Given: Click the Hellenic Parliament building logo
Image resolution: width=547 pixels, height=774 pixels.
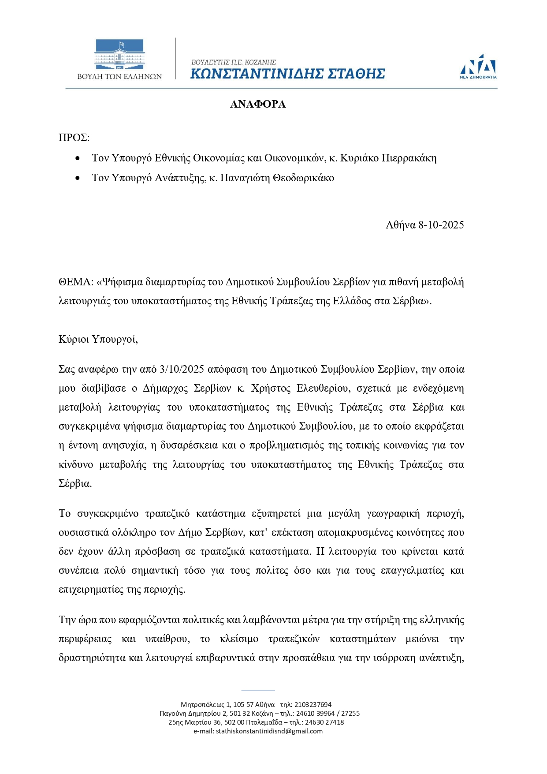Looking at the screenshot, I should (119, 54).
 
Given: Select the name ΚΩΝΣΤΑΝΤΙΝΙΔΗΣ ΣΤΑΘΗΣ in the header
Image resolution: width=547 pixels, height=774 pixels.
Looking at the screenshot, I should (287, 74).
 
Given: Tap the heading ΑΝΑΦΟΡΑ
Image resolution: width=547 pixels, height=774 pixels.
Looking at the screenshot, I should (258, 105).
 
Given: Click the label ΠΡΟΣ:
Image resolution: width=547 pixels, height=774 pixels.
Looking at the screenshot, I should (74, 138).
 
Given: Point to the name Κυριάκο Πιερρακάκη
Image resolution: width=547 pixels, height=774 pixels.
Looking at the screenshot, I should (388, 158).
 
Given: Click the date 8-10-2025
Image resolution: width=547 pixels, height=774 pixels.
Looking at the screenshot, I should (441, 225).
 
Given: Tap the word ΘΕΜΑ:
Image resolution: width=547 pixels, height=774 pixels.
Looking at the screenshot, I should (76, 282).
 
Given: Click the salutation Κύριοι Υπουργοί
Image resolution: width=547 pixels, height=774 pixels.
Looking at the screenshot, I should (98, 339).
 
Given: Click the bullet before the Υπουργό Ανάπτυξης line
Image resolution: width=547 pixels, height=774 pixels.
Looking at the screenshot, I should (78, 178).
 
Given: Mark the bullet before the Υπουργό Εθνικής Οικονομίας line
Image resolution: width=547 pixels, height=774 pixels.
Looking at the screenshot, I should (78, 158).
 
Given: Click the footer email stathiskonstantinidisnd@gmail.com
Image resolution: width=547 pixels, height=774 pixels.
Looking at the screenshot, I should (269, 731).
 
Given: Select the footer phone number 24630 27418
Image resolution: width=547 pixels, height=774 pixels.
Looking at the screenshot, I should (324, 722).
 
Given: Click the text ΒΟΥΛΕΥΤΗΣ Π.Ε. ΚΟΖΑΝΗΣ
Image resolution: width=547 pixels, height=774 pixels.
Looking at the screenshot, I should (234, 62).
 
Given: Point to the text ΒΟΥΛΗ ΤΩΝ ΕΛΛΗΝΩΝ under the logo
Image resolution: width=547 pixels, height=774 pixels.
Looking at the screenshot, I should (119, 76).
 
